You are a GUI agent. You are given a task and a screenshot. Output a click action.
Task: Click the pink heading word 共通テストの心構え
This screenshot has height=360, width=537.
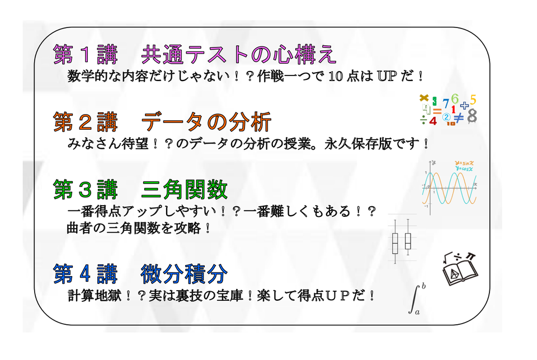(238, 54)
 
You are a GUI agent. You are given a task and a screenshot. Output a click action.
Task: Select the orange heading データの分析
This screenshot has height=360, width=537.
(206, 122)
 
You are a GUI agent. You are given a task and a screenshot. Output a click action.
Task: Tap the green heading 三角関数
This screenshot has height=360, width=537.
(184, 190)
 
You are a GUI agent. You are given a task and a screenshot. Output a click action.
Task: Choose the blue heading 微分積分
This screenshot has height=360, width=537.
(184, 274)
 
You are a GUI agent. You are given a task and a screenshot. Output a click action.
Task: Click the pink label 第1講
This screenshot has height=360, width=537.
(86, 54)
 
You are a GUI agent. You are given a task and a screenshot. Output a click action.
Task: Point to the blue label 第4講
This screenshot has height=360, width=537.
(86, 274)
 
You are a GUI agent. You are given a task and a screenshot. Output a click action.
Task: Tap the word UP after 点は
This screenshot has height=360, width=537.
(387, 76)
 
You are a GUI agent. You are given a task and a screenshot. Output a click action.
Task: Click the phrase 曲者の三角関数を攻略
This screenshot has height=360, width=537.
(134, 228)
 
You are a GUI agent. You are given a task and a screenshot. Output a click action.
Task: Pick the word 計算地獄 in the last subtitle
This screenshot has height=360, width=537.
(95, 296)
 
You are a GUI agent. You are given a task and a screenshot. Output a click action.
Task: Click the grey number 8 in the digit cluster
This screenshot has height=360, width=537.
(472, 116)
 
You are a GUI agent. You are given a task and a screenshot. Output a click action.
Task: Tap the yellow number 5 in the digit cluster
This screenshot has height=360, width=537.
(473, 100)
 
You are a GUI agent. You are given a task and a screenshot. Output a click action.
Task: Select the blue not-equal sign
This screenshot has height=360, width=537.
(459, 117)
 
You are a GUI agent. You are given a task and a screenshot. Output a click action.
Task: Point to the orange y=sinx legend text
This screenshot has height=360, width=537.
(464, 163)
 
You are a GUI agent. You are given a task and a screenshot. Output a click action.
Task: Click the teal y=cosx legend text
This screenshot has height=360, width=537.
(464, 168)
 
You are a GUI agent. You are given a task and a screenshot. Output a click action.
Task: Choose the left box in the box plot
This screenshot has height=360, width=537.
(395, 243)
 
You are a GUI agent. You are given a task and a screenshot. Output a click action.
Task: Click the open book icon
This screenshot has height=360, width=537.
(460, 273)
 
